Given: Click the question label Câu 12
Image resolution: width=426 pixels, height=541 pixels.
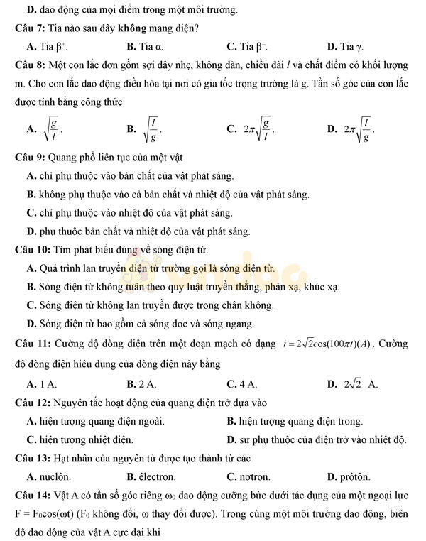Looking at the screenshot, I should click(31, 403).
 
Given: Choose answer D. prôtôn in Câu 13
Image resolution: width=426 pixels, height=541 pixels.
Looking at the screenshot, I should click(349, 476).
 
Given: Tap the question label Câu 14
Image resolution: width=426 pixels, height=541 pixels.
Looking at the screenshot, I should click(31, 495).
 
